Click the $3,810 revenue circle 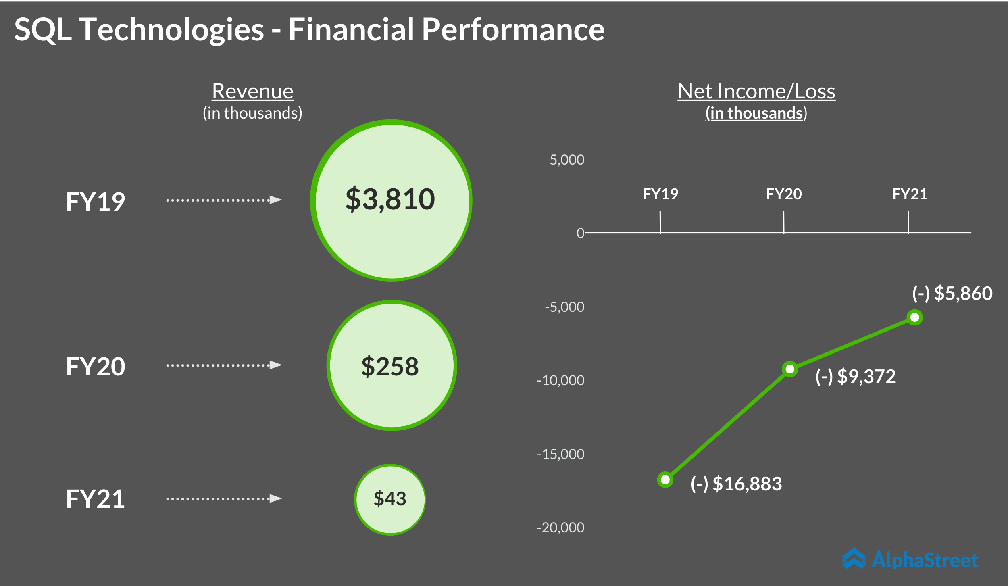(391, 200)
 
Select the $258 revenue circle (391, 365)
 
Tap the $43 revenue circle (390, 499)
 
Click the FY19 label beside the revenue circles (96, 201)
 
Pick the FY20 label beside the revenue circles (96, 367)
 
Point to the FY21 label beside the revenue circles (96, 499)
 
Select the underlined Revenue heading (253, 91)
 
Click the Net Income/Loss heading (756, 91)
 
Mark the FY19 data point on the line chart (665, 480)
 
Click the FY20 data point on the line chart (790, 369)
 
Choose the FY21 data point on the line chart (915, 317)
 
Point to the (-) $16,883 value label (736, 484)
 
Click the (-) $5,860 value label (952, 293)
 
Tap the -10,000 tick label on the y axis (560, 380)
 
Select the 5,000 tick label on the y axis (567, 160)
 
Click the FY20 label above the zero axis (784, 194)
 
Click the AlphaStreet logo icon (854, 559)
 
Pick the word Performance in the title (513, 29)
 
